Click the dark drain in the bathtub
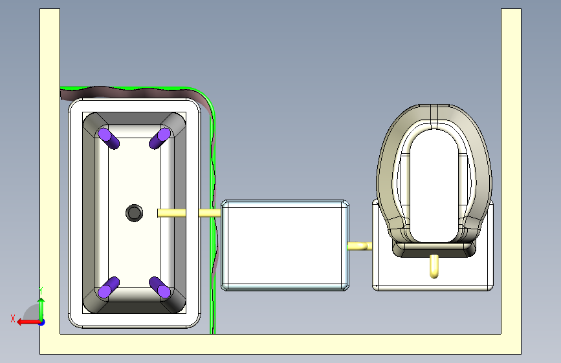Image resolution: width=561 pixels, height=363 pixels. coord(134,213)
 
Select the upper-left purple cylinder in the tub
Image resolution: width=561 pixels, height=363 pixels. coord(109,139)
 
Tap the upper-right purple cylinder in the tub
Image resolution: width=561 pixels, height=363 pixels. coord(160,138)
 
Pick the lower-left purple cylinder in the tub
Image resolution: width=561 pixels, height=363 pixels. coord(109,287)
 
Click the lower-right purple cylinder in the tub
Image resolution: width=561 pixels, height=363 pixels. coord(160,287)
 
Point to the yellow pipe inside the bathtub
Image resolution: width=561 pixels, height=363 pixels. coord(171,213)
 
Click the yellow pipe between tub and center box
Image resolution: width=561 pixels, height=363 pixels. coord(210,213)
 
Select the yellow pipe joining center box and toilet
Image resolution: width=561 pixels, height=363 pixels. coord(360,246)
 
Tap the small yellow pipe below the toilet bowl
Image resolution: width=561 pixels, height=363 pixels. coord(434,266)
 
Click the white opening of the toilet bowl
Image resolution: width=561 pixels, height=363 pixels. coord(434,186)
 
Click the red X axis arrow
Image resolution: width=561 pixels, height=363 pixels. coord(28,322)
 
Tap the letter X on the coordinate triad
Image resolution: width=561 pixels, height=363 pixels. coord(13,318)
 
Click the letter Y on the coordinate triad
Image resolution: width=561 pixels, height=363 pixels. coord(41,291)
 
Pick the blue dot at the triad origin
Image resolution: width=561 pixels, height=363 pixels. coord(42,322)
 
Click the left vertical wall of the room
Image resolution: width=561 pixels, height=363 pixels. coord(50,172)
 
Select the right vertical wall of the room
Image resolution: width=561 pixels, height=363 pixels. coord(511,172)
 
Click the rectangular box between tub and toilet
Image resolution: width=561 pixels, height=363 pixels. coord(285,245)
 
